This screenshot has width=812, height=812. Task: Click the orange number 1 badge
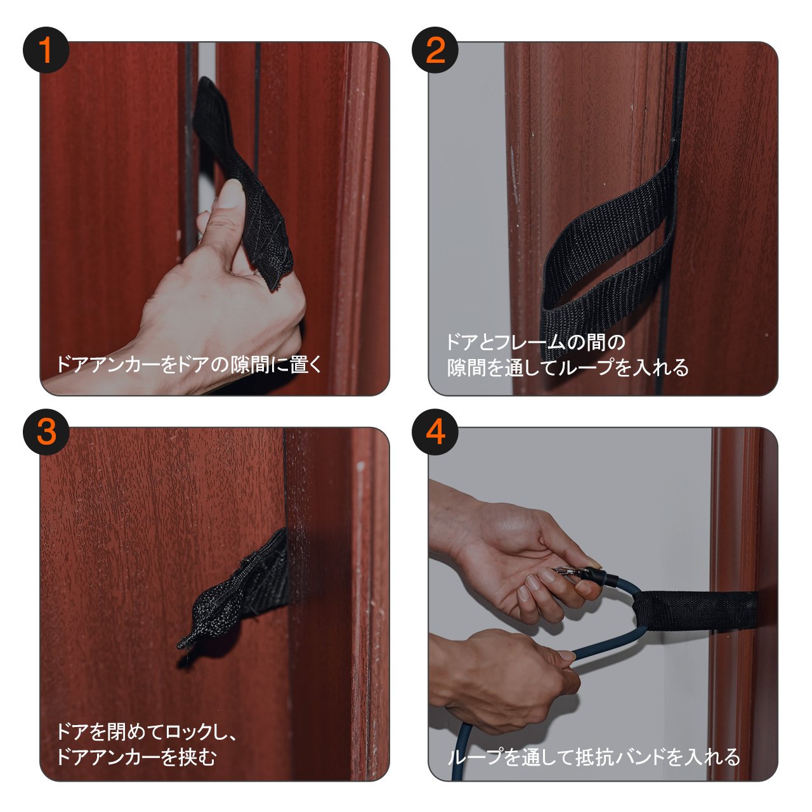tap(46, 49)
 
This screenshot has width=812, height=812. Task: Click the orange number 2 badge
tap(435, 49)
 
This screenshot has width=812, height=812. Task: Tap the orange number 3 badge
tap(46, 432)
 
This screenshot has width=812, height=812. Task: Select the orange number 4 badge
tap(435, 432)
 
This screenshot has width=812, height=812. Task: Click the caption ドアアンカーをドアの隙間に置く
tap(189, 364)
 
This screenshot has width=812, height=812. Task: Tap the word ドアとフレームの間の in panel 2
tap(536, 342)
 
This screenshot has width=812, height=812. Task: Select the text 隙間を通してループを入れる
tap(568, 367)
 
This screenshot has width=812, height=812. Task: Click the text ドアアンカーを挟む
tap(136, 757)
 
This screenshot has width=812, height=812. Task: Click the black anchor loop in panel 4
tap(695, 610)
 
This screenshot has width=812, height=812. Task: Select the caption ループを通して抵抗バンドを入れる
tap(594, 757)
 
